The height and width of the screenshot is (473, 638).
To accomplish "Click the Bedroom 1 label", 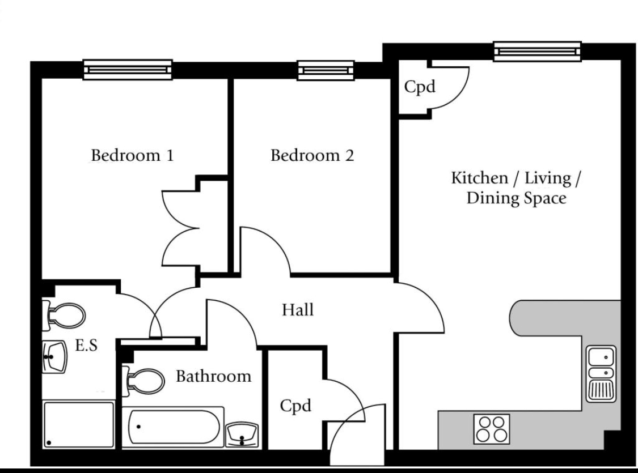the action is click(132, 155).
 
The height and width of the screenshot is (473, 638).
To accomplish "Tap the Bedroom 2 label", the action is click(312, 155).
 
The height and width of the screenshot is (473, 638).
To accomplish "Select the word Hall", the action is click(298, 310).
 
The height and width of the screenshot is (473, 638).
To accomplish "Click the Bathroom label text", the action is click(214, 376).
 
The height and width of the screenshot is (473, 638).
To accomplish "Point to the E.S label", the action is click(87, 346).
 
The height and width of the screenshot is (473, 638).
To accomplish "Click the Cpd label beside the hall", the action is click(296, 406).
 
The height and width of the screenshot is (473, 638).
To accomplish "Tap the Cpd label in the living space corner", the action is click(420, 87).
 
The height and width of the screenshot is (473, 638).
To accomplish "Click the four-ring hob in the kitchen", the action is click(492, 429).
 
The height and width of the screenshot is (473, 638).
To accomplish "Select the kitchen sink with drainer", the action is click(601, 374).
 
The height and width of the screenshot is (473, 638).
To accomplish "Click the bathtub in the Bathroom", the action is click(173, 427).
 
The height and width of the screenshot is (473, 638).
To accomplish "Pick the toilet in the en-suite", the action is click(64, 316).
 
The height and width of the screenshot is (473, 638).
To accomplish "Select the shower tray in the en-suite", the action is click(78, 425).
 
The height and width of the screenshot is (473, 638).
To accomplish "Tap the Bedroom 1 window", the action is click(128, 70).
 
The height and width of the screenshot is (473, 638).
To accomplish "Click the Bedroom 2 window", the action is click(326, 71).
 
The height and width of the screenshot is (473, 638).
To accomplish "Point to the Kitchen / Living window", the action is click(537, 52).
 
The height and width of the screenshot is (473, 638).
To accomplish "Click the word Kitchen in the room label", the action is click(479, 178).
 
